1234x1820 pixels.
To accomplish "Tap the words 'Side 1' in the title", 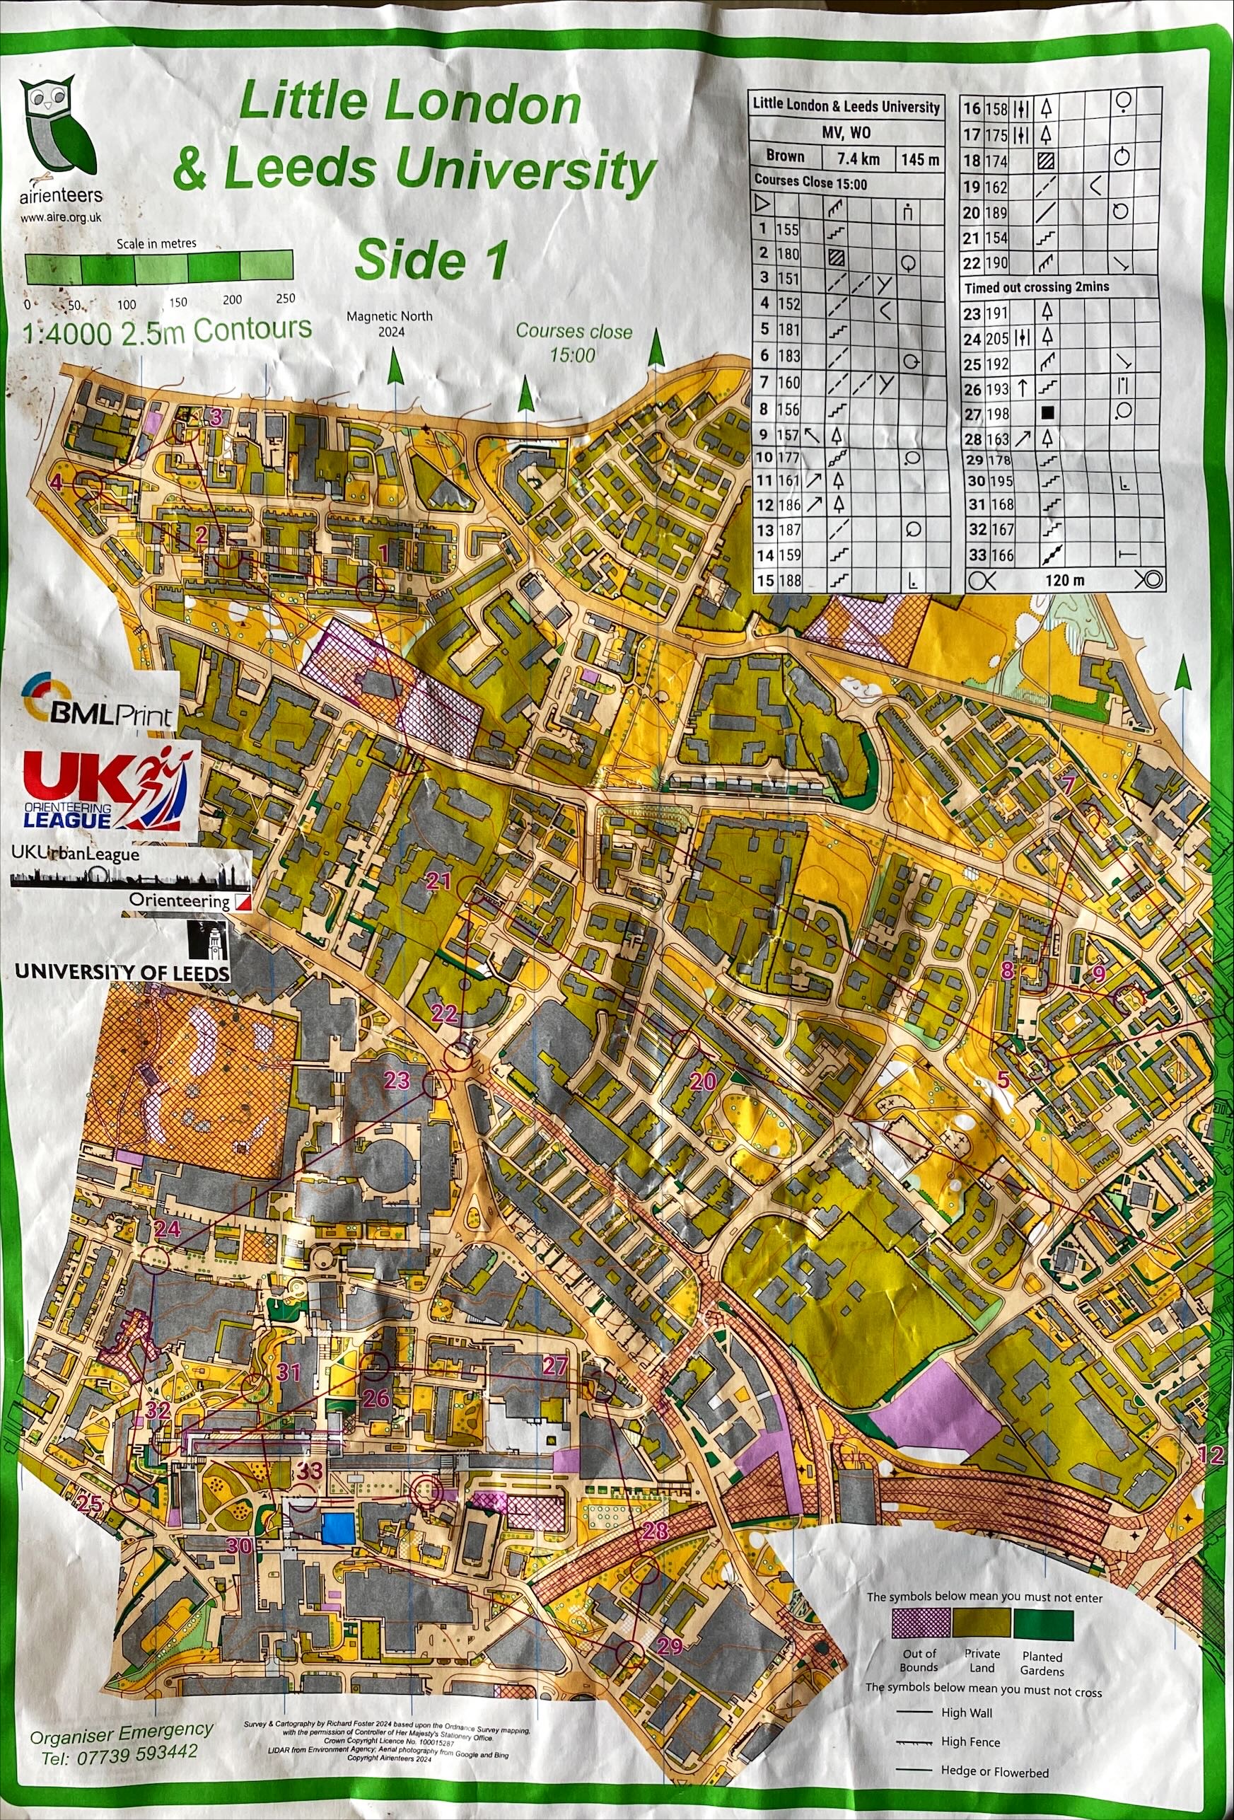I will [x=431, y=260].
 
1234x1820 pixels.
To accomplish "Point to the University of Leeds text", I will [x=122, y=972].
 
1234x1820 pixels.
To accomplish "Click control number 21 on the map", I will [x=438, y=882].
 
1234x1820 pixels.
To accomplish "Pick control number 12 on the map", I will [x=1211, y=1454].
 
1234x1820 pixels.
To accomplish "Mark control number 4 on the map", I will [x=57, y=482].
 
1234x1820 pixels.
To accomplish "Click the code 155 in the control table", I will [x=788, y=229].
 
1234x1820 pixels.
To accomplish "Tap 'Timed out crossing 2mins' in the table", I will [x=1037, y=287].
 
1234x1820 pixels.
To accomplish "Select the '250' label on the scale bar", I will [x=285, y=298].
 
